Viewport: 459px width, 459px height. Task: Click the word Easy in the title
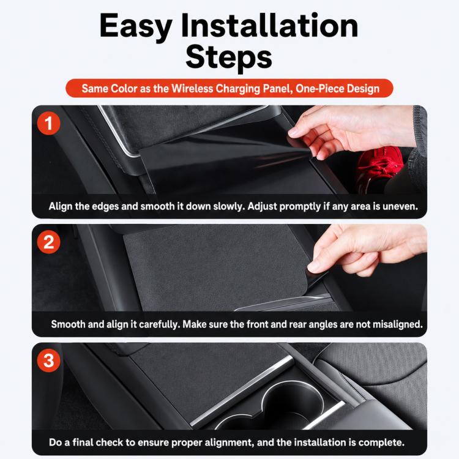point(136,27)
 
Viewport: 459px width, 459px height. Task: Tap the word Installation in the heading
point(270,25)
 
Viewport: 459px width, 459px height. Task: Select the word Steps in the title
point(229,57)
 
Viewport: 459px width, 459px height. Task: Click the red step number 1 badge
point(48,123)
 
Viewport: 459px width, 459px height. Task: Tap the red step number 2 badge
point(48,242)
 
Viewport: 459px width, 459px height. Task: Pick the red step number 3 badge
point(48,360)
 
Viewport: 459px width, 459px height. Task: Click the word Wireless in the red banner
point(192,88)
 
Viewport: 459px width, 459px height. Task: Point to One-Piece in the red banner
point(319,88)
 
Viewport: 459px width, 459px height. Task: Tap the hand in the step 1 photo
point(351,132)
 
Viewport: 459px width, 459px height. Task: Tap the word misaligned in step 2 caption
point(398,324)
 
